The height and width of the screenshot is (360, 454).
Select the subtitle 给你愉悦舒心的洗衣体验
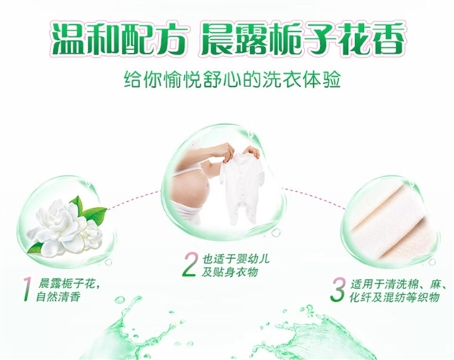(232, 79)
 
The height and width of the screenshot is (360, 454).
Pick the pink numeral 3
(338, 290)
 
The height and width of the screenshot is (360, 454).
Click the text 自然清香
(58, 297)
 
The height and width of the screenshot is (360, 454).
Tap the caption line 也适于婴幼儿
(235, 259)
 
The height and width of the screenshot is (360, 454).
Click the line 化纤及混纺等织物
(394, 297)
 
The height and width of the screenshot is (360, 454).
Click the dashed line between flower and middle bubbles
(134, 200)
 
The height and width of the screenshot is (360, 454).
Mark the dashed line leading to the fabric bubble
(313, 197)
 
